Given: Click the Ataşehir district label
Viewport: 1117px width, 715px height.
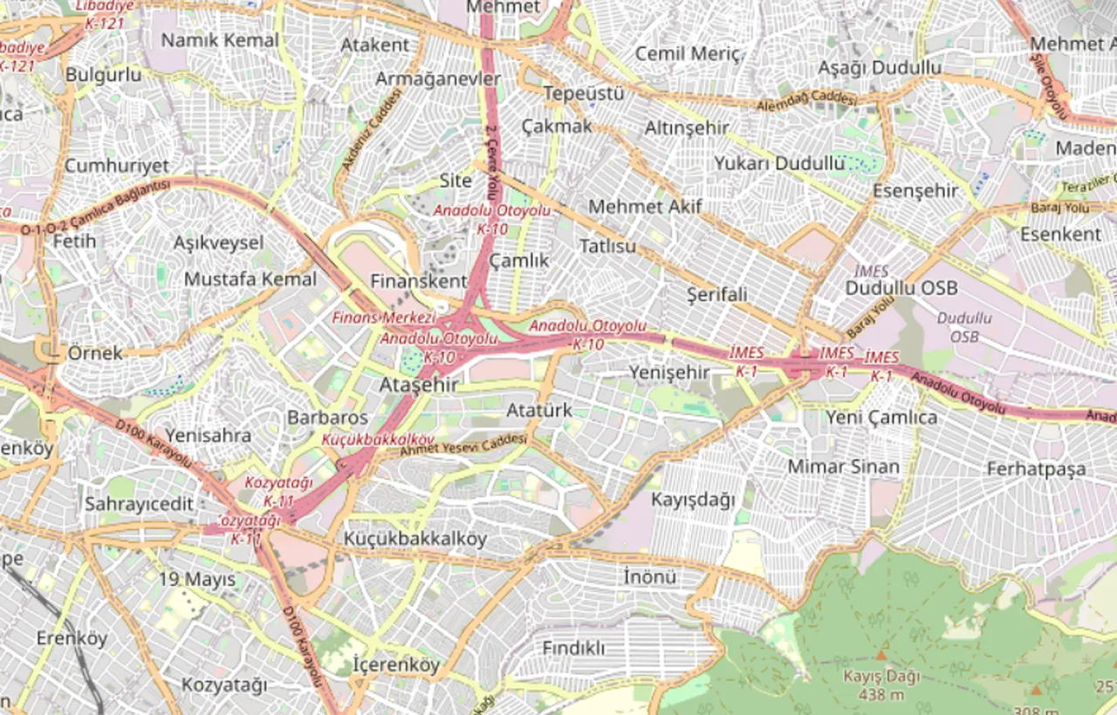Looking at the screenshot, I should [419, 385].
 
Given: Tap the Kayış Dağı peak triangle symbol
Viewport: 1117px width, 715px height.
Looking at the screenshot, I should [881, 654].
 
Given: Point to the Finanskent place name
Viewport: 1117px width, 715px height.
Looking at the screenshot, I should [419, 282].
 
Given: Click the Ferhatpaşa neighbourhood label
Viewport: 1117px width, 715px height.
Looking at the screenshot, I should [1037, 469].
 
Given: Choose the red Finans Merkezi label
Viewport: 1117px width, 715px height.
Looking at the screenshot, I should [383, 317].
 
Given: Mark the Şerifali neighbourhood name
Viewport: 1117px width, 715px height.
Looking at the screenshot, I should [717, 295].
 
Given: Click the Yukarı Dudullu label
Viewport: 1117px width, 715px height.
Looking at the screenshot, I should [779, 163].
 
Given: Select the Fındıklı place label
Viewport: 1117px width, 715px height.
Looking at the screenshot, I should [573, 649].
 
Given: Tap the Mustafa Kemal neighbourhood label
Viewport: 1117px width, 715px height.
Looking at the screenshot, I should [250, 279].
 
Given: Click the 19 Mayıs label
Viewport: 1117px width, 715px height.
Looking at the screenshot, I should [197, 579].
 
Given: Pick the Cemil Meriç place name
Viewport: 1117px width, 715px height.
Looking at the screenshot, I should [687, 53].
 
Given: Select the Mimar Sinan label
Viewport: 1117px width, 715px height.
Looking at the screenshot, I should [843, 466].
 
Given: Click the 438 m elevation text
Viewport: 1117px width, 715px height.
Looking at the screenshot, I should [881, 695].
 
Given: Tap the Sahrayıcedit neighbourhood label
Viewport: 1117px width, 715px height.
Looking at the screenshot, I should [139, 504].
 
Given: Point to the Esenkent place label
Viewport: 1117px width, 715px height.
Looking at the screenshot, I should [1060, 235].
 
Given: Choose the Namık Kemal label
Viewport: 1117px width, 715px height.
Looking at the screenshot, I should [220, 40].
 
